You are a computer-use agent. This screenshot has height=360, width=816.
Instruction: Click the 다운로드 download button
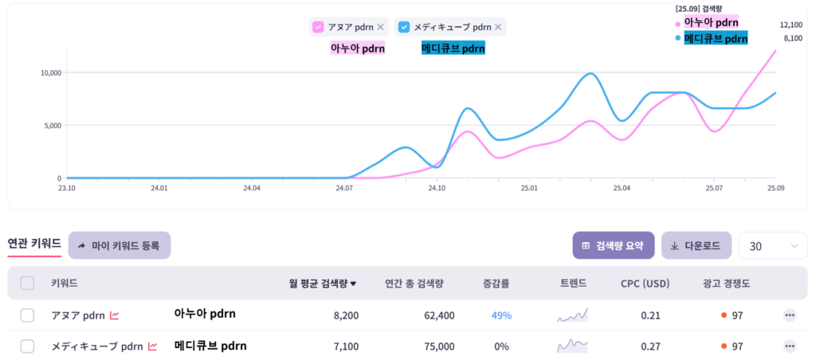696,245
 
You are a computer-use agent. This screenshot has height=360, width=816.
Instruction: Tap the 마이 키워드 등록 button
120,245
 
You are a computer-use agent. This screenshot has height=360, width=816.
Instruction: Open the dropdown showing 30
772,246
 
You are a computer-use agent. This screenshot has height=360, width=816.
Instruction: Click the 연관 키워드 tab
33,244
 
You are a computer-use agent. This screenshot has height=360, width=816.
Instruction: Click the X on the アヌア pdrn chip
380,27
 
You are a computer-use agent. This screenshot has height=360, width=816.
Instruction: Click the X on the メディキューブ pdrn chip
498,27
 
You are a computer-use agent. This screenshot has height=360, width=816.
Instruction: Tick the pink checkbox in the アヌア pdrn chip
318,27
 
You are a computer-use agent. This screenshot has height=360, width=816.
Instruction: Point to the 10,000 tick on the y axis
50,73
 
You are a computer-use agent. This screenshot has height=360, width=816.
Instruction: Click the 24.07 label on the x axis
344,189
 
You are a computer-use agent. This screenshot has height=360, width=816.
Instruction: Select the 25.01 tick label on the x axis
529,189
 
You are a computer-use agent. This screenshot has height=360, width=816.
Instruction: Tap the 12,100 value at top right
790,25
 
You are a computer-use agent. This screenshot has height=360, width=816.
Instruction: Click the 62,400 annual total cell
440,315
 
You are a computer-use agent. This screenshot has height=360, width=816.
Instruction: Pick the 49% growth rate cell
501,315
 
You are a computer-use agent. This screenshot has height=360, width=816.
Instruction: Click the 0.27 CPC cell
651,346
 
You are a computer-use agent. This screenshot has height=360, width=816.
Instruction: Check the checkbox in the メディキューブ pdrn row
27,346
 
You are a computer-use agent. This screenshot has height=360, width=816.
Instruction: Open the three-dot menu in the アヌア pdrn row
790,315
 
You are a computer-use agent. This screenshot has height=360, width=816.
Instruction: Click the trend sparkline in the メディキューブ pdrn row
572,346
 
